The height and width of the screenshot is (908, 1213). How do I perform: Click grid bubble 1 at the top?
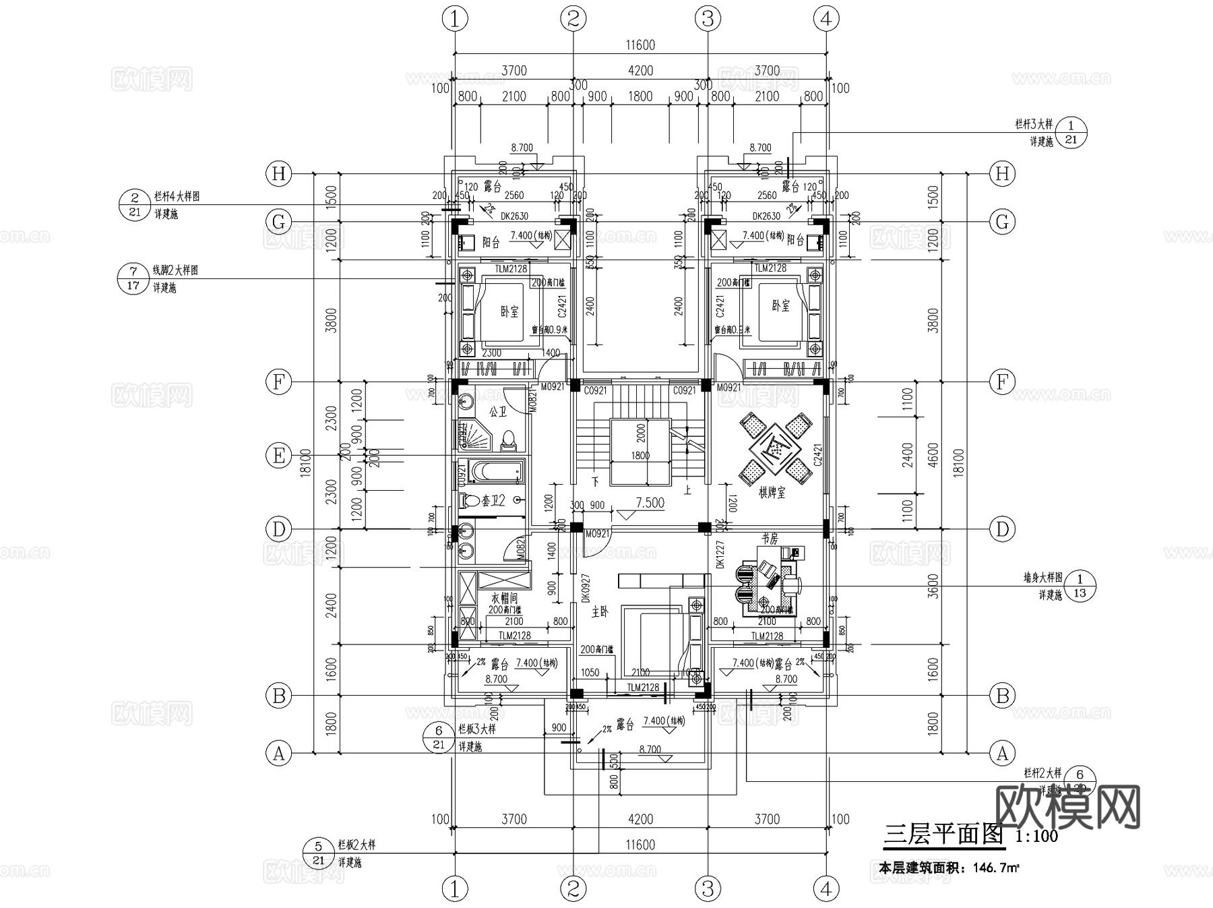point(455,19)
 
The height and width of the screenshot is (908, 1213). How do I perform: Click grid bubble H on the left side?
point(278,174)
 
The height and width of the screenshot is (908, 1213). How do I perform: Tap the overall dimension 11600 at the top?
point(640,45)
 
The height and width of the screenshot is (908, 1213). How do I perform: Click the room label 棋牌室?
point(772,493)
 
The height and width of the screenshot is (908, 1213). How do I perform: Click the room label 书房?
point(770,539)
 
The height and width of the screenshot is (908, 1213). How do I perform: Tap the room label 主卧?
point(600,611)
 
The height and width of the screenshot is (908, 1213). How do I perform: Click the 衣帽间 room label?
point(503,598)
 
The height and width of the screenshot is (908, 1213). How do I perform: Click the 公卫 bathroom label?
point(497,411)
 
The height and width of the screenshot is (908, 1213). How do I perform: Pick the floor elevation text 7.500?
point(650,503)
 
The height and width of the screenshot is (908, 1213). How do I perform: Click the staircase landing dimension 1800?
point(640,456)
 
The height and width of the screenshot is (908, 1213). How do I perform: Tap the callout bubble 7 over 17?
point(133,278)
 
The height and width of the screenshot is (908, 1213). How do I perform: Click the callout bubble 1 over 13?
point(1080,585)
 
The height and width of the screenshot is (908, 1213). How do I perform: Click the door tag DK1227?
point(719,555)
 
